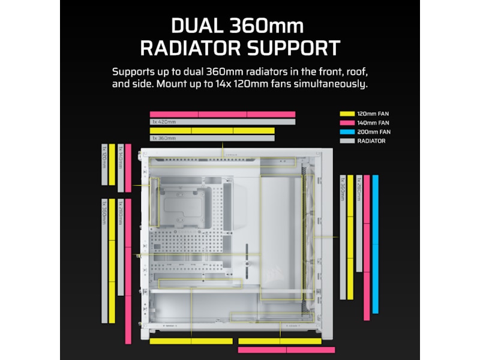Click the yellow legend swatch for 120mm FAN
pyautogui.click(x=347, y=113)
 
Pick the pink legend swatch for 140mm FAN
pyautogui.click(x=347, y=122)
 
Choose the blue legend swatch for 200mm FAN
pyautogui.click(x=347, y=132)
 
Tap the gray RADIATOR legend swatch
pyautogui.click(x=347, y=141)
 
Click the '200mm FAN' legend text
pyautogui.click(x=374, y=132)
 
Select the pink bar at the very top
pyautogui.click(x=222, y=114)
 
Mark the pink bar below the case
pyautogui.click(x=287, y=349)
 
